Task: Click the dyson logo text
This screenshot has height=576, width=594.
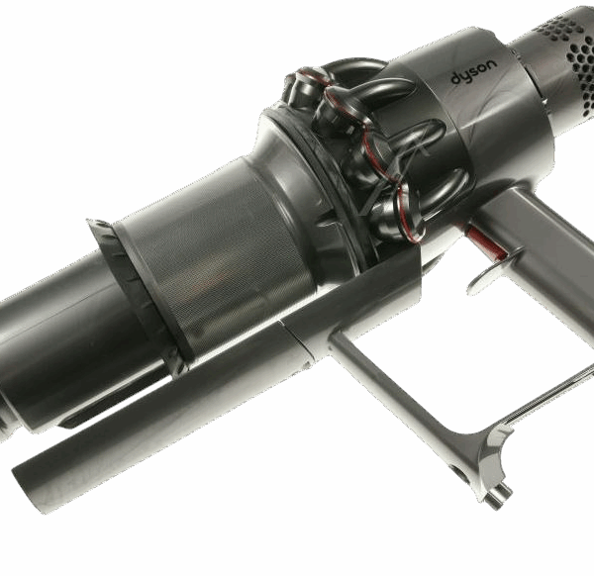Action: pyautogui.click(x=474, y=72)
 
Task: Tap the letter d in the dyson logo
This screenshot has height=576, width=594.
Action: pyautogui.click(x=455, y=79)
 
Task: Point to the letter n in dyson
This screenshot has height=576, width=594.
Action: pyautogui.click(x=491, y=64)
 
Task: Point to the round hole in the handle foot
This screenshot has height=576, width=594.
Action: pyautogui.click(x=455, y=471)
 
